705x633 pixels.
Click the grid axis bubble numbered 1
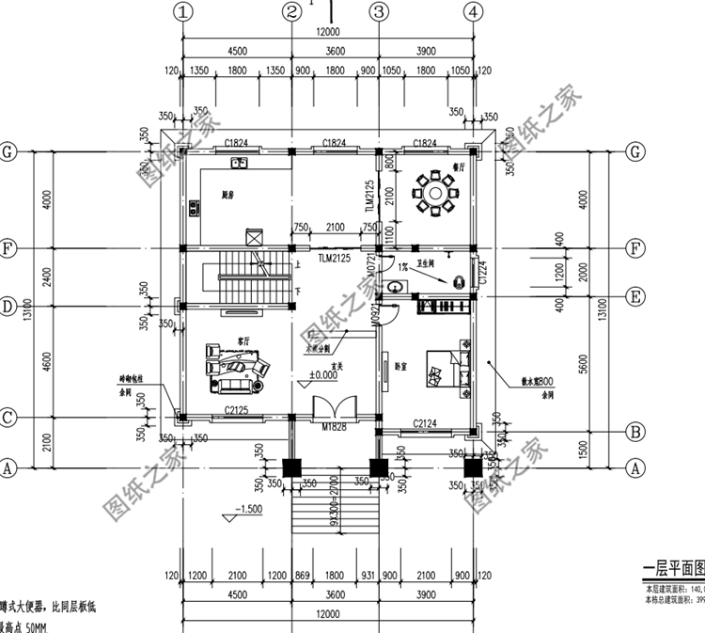pyautogui.click(x=182, y=12)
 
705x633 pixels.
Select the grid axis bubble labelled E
pyautogui.click(x=636, y=297)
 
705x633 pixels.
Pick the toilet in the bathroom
pyautogui.click(x=461, y=280)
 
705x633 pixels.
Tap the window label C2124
pyautogui.click(x=429, y=425)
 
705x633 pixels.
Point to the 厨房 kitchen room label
pyautogui.click(x=228, y=197)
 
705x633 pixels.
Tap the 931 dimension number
pyautogui.click(x=364, y=575)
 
